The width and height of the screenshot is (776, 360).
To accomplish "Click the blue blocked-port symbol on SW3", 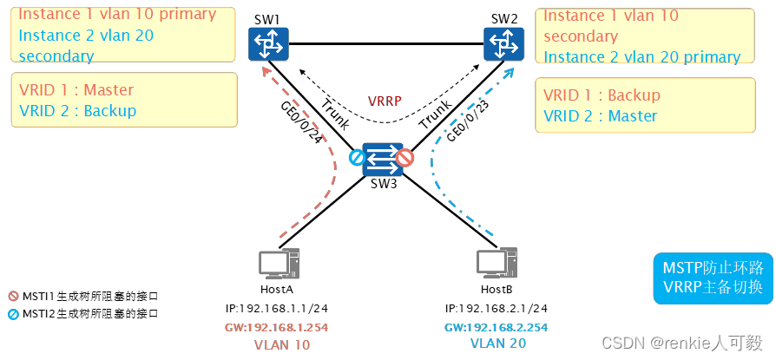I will click(x=355, y=159).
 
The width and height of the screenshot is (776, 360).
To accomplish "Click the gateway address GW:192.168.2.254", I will click(x=496, y=327).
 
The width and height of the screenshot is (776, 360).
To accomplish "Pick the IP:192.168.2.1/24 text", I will click(x=496, y=309).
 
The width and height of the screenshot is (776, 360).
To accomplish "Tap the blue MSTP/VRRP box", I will click(x=713, y=278).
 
